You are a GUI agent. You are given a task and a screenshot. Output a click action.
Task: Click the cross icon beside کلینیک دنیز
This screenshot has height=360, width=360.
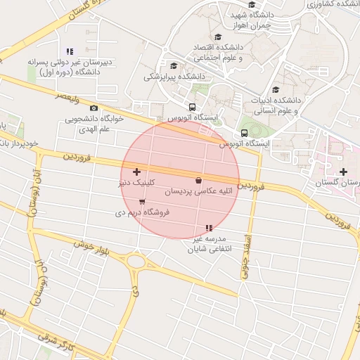tap(136, 172)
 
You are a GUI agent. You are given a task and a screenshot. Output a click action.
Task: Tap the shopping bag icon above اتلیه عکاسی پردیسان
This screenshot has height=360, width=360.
tap(199, 180)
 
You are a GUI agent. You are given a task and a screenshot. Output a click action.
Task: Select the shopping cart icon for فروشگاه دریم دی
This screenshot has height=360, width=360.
tap(142, 202)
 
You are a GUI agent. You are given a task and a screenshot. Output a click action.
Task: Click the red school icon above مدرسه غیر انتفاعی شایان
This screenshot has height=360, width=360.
tap(208, 228)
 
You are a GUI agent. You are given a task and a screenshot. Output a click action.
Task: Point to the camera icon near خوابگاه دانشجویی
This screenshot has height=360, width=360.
tap(94, 108)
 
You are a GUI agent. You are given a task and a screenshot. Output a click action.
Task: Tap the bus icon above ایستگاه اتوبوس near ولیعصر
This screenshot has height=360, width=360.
tap(172, 107)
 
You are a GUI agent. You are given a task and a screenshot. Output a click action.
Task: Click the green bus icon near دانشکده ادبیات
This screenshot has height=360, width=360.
tap(244, 133)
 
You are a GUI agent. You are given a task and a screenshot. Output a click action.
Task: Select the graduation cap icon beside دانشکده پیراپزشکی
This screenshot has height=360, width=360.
tap(174, 66)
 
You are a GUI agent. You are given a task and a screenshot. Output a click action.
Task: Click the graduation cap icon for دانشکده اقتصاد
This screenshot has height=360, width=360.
tap(218, 37)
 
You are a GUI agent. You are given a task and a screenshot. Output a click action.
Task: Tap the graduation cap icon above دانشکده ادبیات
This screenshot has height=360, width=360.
tap(276, 90)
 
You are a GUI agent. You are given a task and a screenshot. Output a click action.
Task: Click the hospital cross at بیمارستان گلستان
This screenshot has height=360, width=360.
tap(343, 172)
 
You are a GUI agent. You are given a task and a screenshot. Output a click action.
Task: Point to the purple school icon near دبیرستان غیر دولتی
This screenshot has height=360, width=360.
tap(70, 51)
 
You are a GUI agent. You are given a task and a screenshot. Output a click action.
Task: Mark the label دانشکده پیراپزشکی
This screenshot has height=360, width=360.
tap(174, 75)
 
